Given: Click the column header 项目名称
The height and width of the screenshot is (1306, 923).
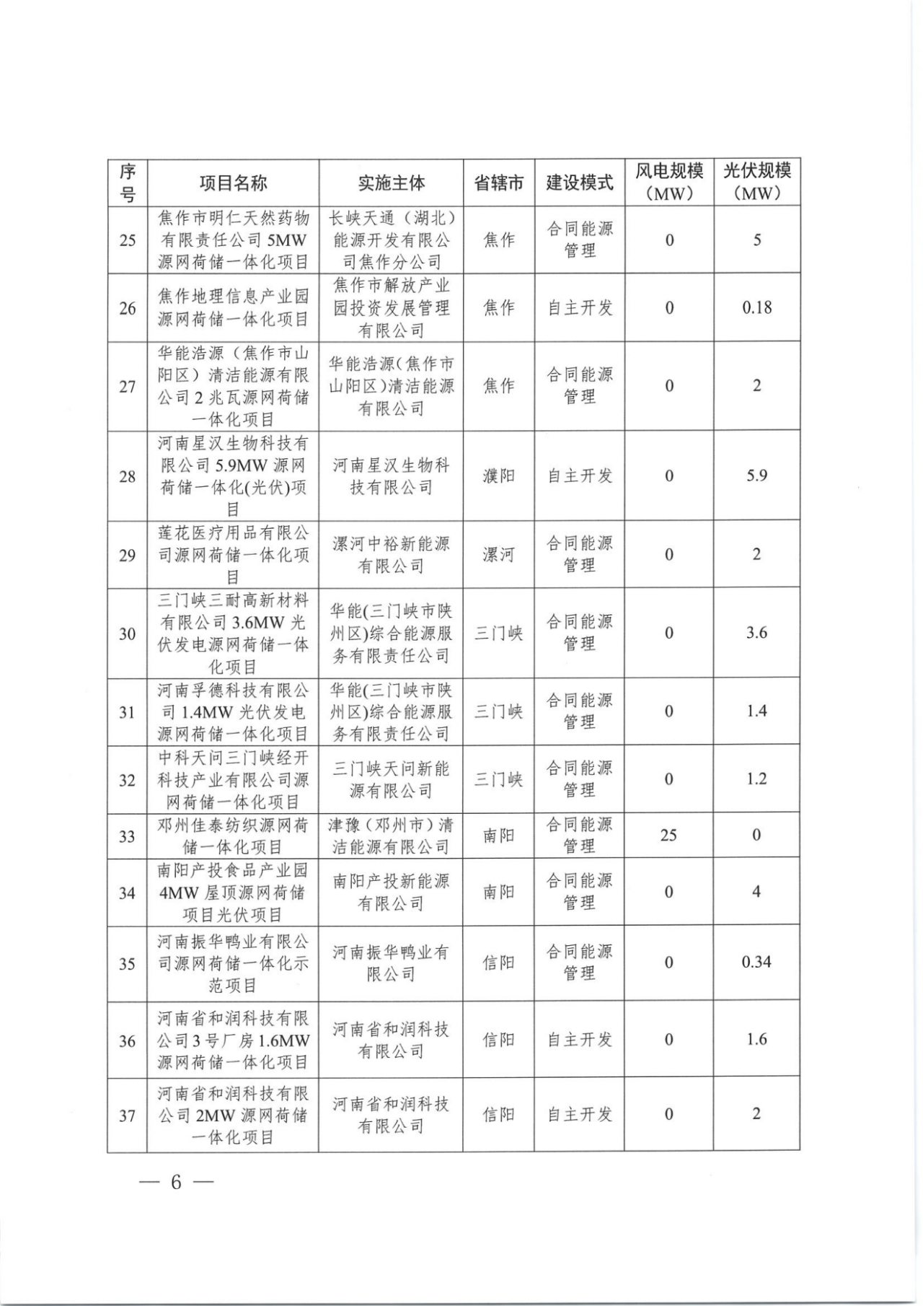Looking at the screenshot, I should (233, 183).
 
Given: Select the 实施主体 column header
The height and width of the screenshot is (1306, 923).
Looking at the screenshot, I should (391, 183).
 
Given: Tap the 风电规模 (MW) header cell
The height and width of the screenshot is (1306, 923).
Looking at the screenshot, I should (668, 183).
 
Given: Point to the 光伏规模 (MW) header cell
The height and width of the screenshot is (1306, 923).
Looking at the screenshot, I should (756, 183).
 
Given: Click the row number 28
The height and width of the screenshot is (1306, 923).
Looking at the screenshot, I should (127, 476).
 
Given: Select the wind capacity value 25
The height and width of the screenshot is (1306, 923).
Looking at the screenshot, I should (668, 835).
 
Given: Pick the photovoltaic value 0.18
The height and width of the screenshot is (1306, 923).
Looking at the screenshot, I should (756, 307).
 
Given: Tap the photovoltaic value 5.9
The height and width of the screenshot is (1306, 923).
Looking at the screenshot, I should (756, 475).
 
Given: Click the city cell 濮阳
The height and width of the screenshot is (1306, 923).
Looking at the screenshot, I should (498, 476).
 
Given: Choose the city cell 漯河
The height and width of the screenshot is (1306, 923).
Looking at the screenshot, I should (498, 555).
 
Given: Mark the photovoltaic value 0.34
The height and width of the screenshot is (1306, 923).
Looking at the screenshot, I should (756, 962).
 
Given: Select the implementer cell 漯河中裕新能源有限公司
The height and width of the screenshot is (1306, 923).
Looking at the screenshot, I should (391, 555).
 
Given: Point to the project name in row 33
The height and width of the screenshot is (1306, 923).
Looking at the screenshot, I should (233, 836).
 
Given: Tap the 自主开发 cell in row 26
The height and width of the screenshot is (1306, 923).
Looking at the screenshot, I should (579, 308).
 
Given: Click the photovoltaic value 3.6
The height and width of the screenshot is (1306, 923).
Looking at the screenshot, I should (756, 633).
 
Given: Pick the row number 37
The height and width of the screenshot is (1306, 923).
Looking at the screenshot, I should (127, 1116).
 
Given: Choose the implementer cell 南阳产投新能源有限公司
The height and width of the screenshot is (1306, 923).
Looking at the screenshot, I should (391, 892).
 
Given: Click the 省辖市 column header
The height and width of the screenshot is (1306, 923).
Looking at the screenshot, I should (498, 183).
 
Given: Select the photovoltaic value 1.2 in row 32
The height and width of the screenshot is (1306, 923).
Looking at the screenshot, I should (756, 779).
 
